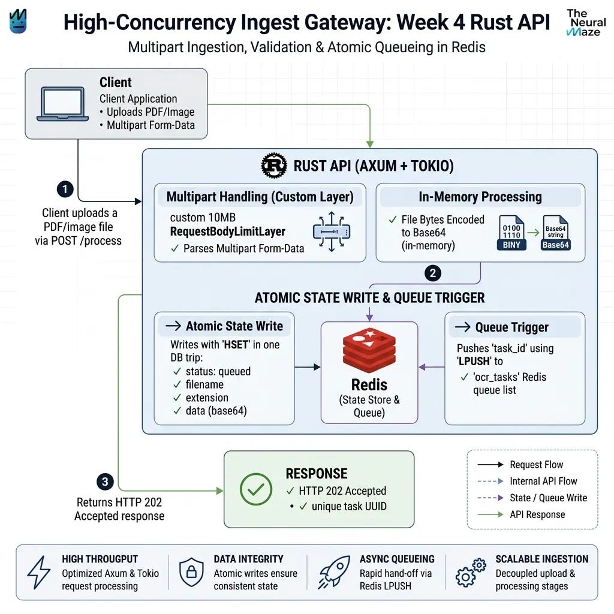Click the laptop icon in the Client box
(x=62, y=104)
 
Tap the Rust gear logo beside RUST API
(x=274, y=165)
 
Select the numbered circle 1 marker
(x=65, y=189)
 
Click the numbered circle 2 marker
(x=433, y=273)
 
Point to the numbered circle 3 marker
(x=105, y=481)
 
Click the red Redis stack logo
(x=369, y=350)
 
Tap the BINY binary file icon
(x=512, y=233)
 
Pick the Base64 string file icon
(x=556, y=233)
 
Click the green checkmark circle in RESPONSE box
(x=256, y=489)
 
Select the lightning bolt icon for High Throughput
(x=39, y=572)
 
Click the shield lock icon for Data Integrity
(x=191, y=572)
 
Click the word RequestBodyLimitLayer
(x=227, y=231)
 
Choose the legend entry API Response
(x=537, y=514)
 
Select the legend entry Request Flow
(x=537, y=465)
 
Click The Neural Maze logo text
(x=586, y=23)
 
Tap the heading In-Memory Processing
(x=480, y=197)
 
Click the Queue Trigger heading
(x=512, y=327)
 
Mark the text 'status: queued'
(x=218, y=371)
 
